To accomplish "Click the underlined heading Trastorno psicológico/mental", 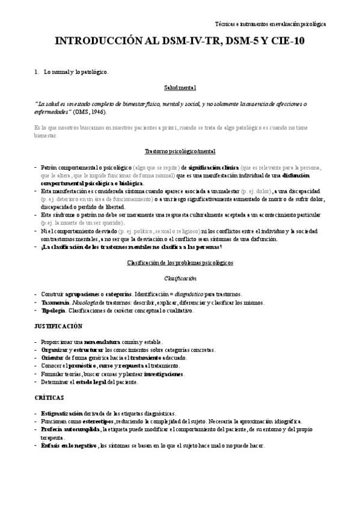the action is pyautogui.click(x=180, y=151).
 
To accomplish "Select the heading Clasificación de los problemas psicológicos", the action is pyautogui.click(x=180, y=263).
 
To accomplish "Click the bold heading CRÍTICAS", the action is pyautogui.click(x=50, y=398).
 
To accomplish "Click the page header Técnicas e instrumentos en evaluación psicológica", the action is pyautogui.click(x=270, y=24).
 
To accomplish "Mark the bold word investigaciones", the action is pyautogui.click(x=157, y=373).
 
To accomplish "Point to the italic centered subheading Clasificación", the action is pyautogui.click(x=180, y=278).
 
